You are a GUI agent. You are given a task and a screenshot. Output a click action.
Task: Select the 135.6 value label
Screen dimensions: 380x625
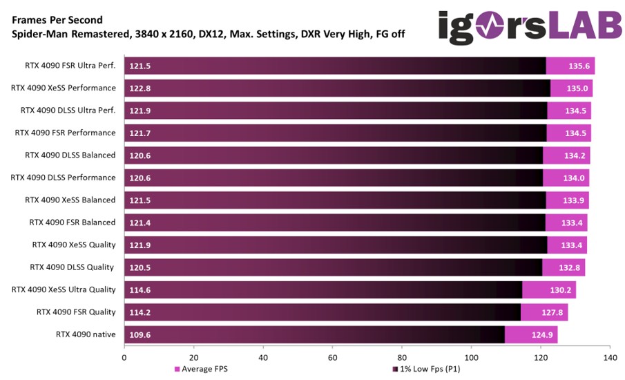tap(579, 66)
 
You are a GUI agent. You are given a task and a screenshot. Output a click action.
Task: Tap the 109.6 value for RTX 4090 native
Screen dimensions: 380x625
tap(140, 334)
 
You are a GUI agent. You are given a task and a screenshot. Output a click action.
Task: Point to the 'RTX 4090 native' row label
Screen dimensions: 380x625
tap(86, 334)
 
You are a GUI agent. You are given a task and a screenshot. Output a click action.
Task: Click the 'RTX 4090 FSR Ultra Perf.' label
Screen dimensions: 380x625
tap(68, 66)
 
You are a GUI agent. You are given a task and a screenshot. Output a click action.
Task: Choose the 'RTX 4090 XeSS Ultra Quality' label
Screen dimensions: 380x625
tap(64, 289)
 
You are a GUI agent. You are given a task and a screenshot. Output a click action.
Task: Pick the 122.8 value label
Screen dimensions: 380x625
tap(140, 88)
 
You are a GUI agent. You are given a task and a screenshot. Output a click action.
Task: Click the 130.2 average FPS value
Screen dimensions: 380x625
tap(559, 289)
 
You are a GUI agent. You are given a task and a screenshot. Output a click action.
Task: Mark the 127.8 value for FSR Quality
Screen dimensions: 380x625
tap(552, 312)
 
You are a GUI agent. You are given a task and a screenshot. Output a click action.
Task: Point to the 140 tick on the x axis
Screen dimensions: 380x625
tap(610, 357)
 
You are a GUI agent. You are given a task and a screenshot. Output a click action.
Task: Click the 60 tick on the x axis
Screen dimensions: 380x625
tap(333, 357)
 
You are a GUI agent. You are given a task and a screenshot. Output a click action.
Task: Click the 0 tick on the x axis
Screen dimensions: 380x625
tap(124, 357)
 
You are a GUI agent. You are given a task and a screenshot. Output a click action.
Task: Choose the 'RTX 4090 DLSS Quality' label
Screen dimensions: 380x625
tap(73, 267)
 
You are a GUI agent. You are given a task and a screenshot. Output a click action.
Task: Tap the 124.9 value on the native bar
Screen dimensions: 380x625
tap(541, 334)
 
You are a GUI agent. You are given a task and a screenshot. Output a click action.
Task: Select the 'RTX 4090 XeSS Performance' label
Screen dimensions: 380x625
tap(64, 88)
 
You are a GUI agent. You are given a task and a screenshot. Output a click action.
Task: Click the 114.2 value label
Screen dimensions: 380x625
tap(140, 312)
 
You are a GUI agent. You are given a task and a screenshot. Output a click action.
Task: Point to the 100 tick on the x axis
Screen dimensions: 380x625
tap(472, 357)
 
